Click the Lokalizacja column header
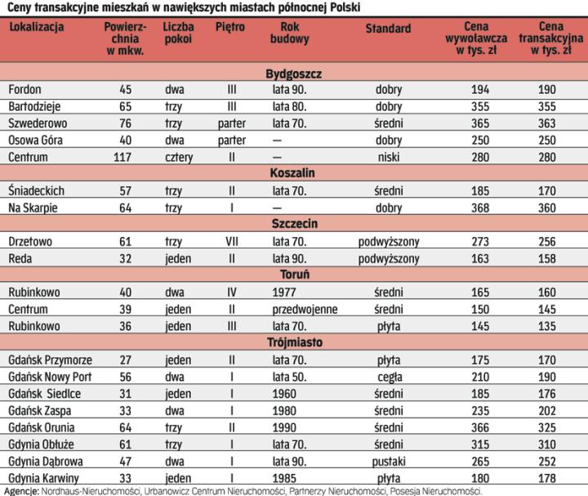(37, 27)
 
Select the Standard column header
(388, 29)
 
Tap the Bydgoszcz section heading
(294, 74)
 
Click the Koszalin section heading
(294, 173)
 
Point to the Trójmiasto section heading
(294, 342)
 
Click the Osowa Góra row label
(35, 140)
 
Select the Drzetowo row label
(30, 241)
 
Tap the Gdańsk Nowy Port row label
(49, 377)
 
